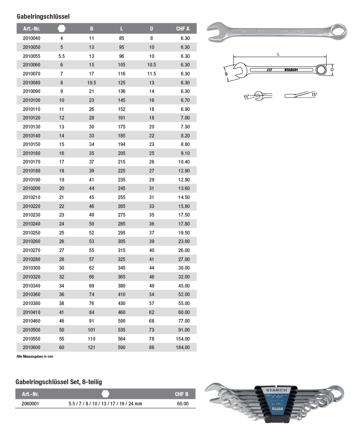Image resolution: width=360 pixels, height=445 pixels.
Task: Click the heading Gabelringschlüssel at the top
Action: coord(43,16)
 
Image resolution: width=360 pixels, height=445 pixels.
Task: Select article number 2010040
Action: coord(31,38)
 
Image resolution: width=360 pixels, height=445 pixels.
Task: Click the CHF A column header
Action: coord(183,29)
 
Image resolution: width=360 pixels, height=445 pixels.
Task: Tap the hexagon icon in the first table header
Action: coord(62,29)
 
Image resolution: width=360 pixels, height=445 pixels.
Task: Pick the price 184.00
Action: coord(183,348)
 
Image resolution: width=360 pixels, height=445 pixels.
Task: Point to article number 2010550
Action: coord(31,339)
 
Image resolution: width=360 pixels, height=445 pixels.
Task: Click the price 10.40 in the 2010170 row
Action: coord(184,162)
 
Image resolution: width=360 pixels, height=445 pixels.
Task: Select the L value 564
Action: coord(122,339)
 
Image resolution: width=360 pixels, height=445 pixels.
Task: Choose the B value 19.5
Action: coord(92,82)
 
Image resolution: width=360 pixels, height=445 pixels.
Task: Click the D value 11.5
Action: coord(152,74)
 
